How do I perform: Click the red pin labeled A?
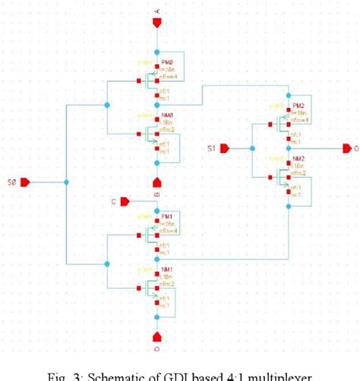point(157,22)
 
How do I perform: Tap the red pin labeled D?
point(157,335)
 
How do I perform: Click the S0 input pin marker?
point(24,183)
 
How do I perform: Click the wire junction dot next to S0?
point(67,183)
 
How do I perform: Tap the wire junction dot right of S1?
point(249,148)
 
